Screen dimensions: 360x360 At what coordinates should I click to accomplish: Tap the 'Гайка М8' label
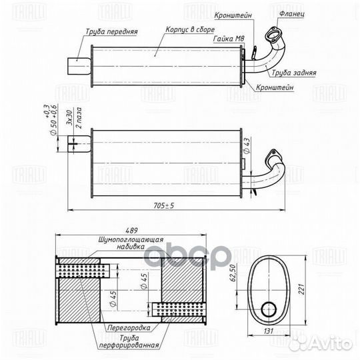click(229, 41)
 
